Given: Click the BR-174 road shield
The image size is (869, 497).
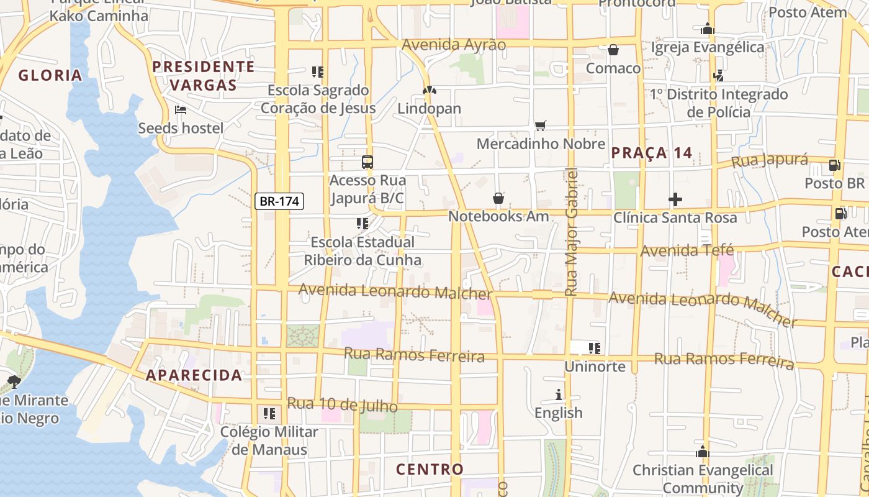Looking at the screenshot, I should click(279, 201).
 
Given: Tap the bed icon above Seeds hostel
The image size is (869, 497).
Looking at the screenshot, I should click(181, 110).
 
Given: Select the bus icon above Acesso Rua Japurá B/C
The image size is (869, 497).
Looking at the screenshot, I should click(367, 162).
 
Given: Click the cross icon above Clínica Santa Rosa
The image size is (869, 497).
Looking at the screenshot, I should click(675, 199).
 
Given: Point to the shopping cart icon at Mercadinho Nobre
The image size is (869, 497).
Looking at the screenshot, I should click(541, 125).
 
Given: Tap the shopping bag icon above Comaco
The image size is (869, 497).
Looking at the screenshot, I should click(613, 50).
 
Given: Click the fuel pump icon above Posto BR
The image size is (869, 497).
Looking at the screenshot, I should click(835, 165).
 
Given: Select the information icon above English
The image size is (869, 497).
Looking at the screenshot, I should click(559, 394).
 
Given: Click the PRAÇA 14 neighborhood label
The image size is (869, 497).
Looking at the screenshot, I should click(651, 153).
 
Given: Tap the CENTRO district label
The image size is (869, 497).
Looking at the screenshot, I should click(430, 469).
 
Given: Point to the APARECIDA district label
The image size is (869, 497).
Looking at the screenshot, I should click(194, 375).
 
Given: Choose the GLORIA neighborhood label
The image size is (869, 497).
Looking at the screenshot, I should click(50, 76).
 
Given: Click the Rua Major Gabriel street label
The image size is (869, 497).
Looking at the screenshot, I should click(571, 231).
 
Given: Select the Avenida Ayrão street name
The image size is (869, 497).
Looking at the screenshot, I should click(454, 45).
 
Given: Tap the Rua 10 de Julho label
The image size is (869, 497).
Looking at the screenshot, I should click(342, 404).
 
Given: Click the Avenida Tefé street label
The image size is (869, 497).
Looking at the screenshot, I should click(687, 251).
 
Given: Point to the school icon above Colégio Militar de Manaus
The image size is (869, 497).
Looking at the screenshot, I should click(269, 413).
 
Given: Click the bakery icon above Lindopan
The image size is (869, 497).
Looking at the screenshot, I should click(429, 90).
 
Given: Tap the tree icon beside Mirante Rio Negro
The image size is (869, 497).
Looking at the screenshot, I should click(14, 381).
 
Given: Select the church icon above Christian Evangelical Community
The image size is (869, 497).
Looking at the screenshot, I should click(703, 452).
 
